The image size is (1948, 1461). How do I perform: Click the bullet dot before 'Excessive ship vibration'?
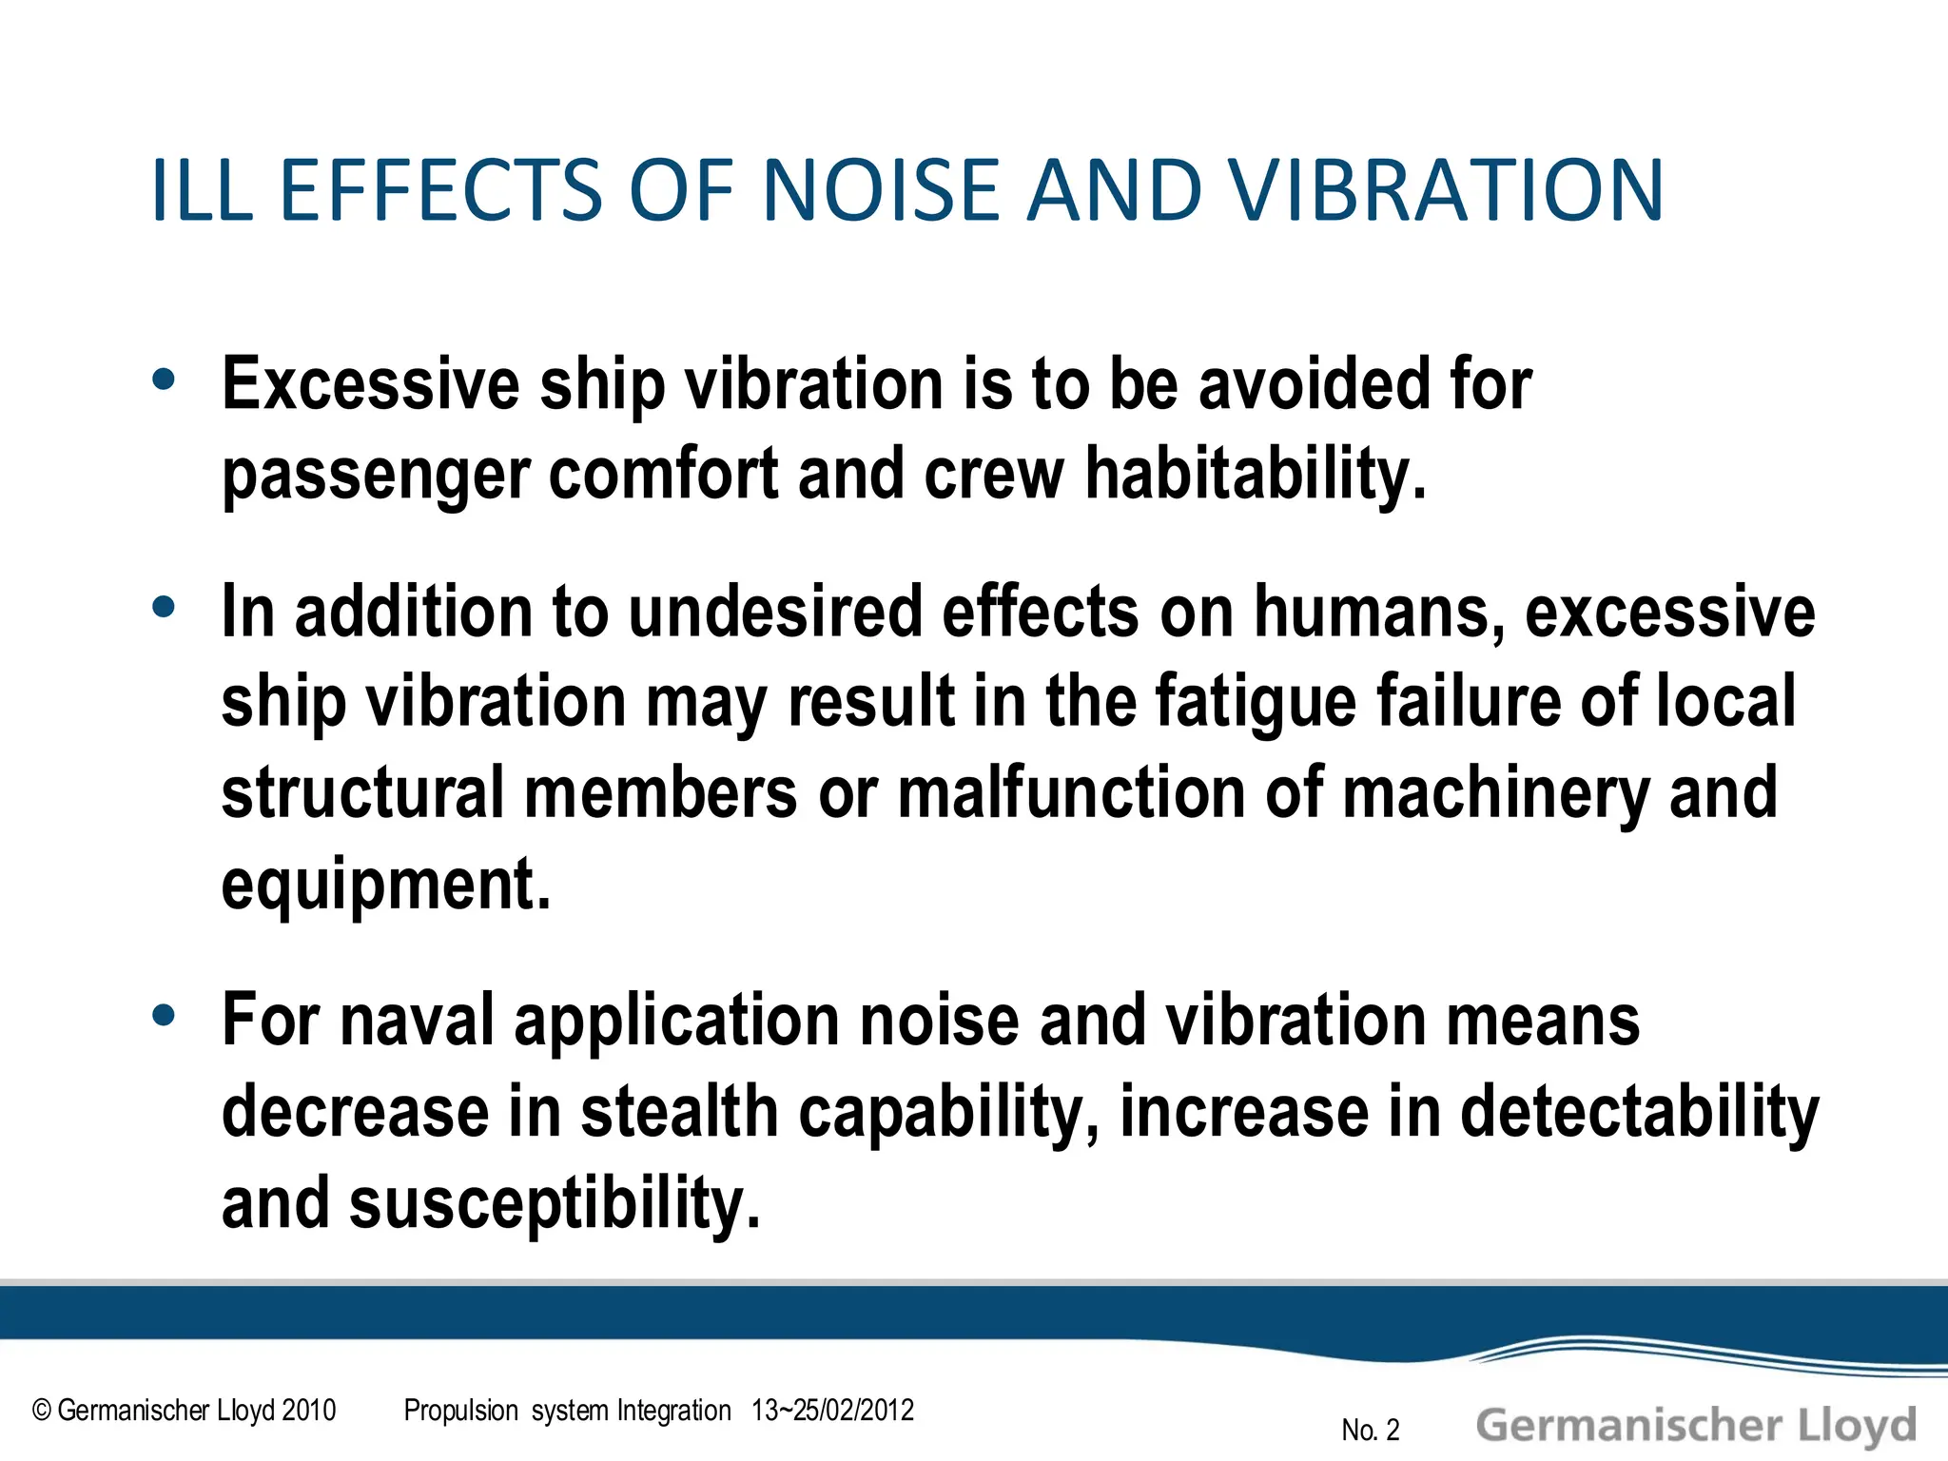[164, 380]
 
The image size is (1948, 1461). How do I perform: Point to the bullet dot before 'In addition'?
[164, 606]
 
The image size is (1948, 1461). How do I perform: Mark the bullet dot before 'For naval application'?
[164, 1015]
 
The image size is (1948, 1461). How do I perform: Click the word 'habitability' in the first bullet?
[1256, 474]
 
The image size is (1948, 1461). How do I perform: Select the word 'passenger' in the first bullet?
[375, 476]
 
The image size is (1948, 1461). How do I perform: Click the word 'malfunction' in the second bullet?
[1070, 792]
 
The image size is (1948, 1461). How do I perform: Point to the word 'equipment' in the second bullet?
[385, 885]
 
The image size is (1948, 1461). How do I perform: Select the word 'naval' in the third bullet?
[417, 1020]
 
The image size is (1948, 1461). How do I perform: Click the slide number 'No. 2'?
[1371, 1430]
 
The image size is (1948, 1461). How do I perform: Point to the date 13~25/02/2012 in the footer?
[832, 1410]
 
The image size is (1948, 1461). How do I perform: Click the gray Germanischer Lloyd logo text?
[1696, 1426]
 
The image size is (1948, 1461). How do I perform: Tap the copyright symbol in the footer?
[42, 1411]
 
